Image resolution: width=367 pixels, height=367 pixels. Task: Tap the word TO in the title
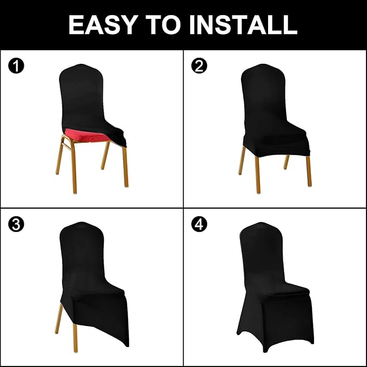pyautogui.click(x=172, y=25)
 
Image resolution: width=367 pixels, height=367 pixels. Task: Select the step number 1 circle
pyautogui.click(x=17, y=66)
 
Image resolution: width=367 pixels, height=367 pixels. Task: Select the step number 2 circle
pyautogui.click(x=199, y=66)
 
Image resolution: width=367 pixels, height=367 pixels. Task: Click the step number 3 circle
pyautogui.click(x=17, y=224)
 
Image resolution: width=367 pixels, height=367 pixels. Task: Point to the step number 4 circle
pyautogui.click(x=199, y=224)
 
